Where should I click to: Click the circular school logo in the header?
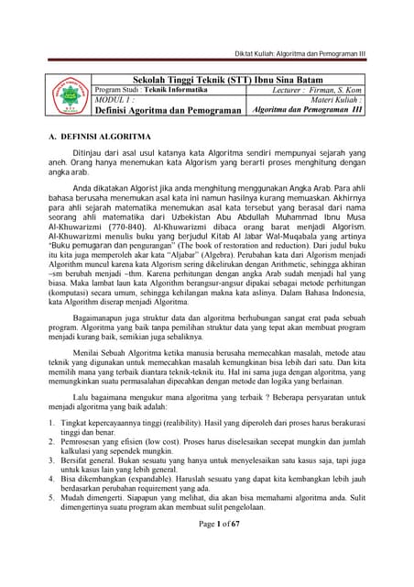coord(70,97)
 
